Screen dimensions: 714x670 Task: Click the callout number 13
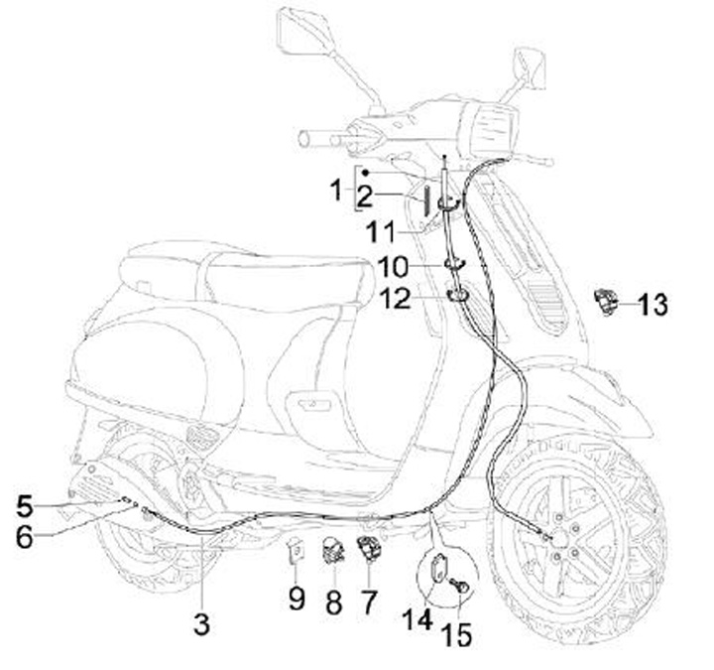pyautogui.click(x=653, y=304)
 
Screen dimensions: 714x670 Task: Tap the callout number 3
pyautogui.click(x=201, y=624)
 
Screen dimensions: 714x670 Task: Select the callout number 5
pyautogui.click(x=25, y=505)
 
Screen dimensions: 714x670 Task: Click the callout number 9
pyautogui.click(x=297, y=599)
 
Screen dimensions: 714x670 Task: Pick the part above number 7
pyautogui.click(x=370, y=547)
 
